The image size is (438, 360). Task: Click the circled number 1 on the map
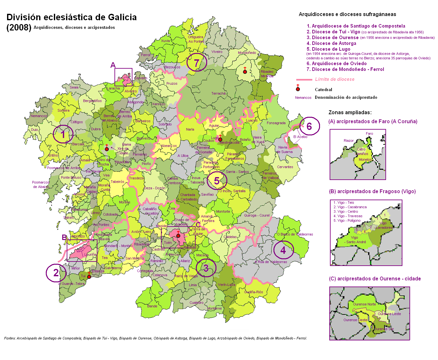(63, 134)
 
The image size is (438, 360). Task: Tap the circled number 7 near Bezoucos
(197, 62)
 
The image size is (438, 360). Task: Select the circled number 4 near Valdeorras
(283, 250)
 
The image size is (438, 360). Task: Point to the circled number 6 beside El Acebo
(309, 126)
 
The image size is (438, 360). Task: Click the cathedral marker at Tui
(89, 277)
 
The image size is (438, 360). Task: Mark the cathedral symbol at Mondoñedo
(245, 71)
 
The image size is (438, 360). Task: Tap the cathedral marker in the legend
(298, 89)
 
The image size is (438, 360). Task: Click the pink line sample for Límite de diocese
(304, 80)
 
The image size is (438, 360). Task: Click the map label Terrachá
(218, 94)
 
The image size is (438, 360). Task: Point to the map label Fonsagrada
(276, 123)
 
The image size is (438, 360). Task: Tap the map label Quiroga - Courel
(257, 216)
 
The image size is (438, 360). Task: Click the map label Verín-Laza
(226, 285)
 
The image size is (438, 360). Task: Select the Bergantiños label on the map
(92, 101)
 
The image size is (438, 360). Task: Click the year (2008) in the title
(19, 28)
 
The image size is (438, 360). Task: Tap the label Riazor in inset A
(349, 141)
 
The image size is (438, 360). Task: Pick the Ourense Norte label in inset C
(364, 304)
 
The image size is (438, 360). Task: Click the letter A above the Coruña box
(113, 65)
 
